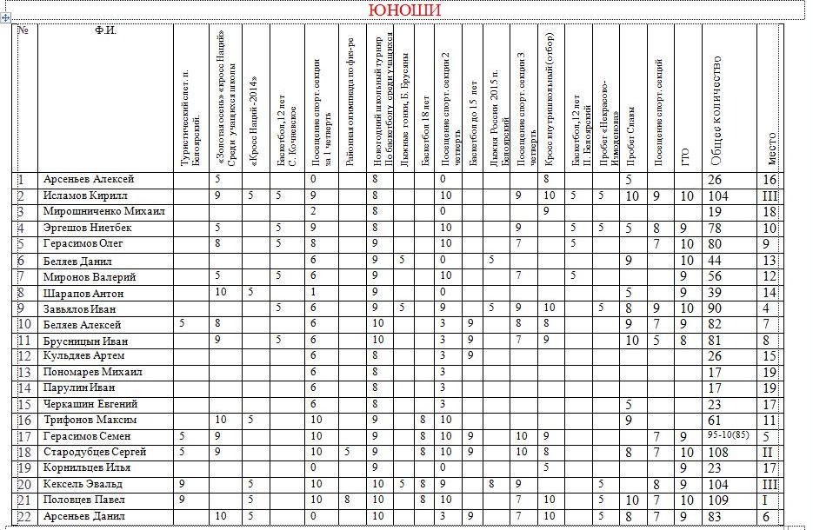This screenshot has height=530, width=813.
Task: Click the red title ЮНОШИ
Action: click(x=404, y=10)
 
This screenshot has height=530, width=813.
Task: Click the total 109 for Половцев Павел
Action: click(x=716, y=500)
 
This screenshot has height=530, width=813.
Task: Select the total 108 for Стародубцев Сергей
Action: click(x=716, y=453)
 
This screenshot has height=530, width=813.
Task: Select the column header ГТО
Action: click(x=686, y=156)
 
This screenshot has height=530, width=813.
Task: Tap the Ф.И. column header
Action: click(x=105, y=31)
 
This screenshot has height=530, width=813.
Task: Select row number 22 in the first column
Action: click(x=24, y=516)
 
